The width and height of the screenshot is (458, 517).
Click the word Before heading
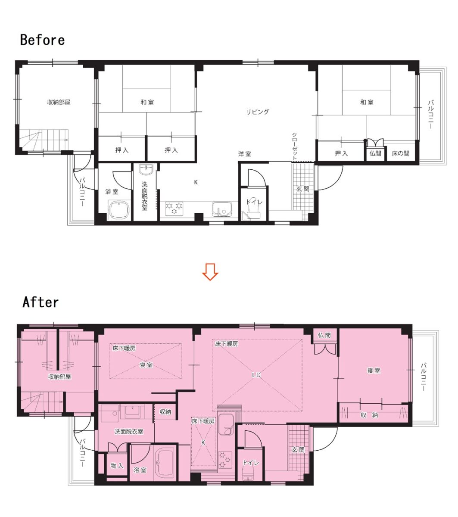(42, 40)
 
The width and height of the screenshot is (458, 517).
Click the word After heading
(41, 302)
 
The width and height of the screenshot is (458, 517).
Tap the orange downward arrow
(210, 272)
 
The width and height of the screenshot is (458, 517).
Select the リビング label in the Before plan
(257, 112)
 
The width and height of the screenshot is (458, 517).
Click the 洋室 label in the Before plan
(244, 154)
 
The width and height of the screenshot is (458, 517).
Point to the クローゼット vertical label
(294, 146)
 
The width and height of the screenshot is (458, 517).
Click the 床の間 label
(400, 153)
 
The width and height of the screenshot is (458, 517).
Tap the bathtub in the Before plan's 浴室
(119, 210)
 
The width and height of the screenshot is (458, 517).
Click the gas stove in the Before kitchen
(174, 209)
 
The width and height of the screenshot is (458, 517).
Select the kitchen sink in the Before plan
(222, 209)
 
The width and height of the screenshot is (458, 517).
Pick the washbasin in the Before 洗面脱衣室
(146, 170)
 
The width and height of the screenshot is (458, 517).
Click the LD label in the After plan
(256, 375)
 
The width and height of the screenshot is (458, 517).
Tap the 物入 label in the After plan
(117, 466)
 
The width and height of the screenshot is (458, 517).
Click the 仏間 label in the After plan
(324, 335)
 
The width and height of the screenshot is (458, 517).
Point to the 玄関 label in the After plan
(298, 450)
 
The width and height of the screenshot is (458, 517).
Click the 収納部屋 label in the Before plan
(59, 103)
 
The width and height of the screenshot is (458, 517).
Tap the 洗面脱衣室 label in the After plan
(129, 432)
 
